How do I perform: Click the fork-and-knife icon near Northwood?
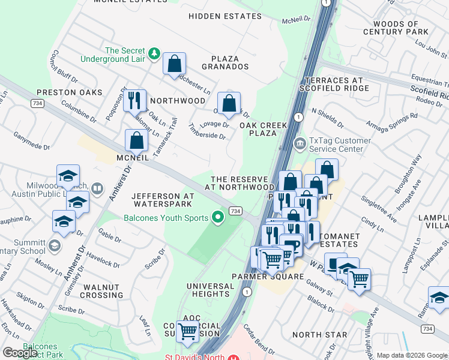coord(134,99)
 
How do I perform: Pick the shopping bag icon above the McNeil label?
coord(137,141)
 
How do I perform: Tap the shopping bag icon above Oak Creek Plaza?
coord(229,103)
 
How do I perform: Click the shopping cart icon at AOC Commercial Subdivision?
coord(188,330)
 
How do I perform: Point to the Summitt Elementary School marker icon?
coord(55,245)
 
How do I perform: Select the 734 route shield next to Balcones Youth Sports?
coord(235,211)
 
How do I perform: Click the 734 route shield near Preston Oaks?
coord(37,104)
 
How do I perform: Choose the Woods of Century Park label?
coord(396,27)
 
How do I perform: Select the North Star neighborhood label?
coord(319,334)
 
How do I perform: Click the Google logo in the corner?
coord(20,352)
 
